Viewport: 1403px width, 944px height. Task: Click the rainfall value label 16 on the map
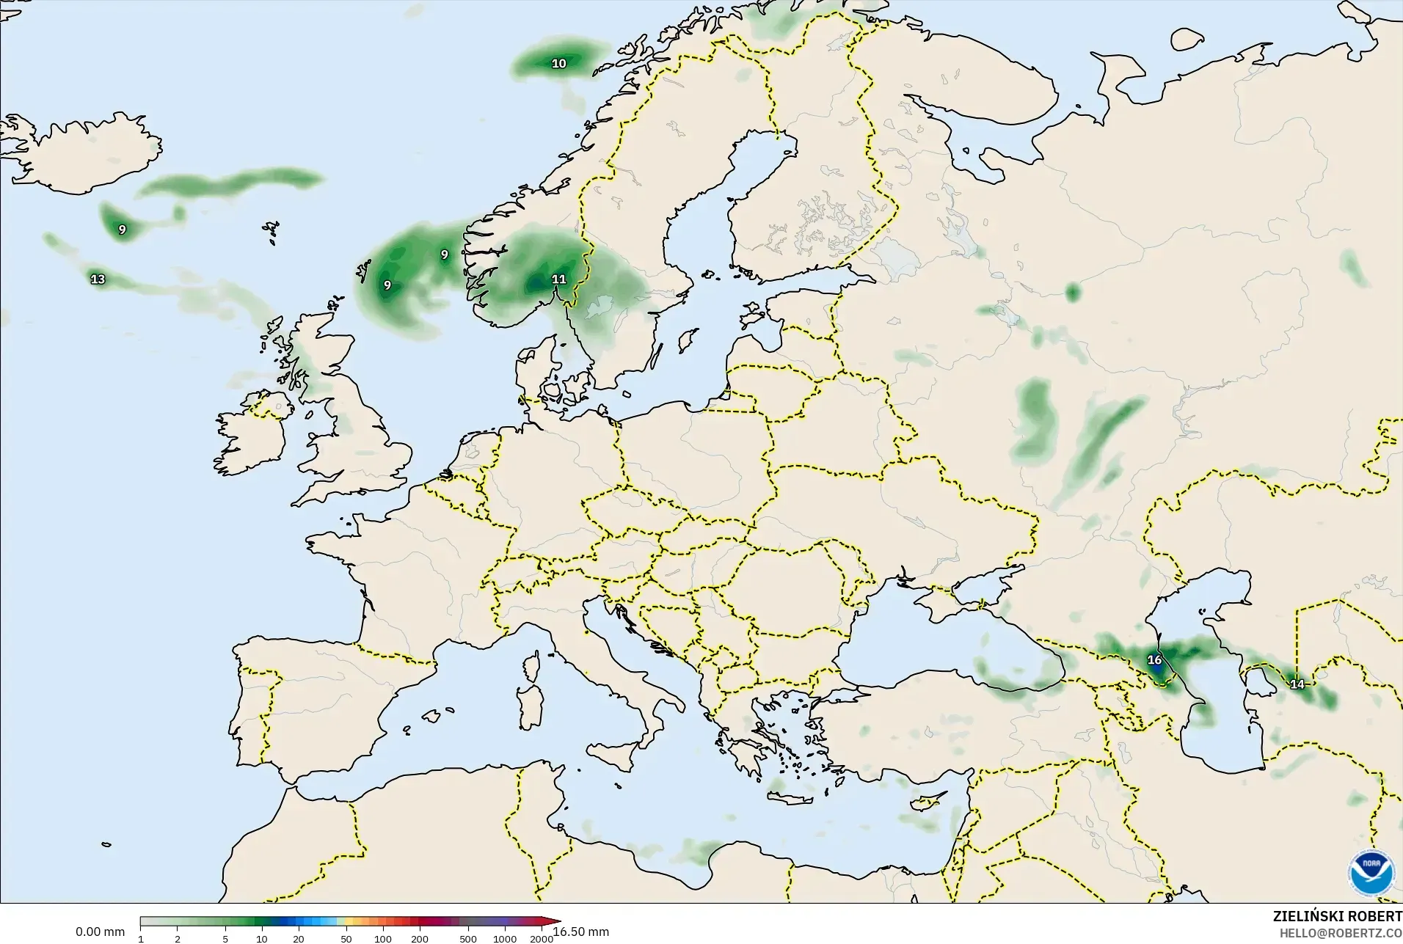pos(1154,660)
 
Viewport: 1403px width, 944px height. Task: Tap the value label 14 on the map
pos(1297,684)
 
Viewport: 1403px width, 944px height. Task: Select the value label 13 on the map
pos(98,279)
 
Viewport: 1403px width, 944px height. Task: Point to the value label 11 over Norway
pos(559,279)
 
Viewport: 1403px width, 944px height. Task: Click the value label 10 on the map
pos(559,64)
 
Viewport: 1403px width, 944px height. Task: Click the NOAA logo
pos(1371,872)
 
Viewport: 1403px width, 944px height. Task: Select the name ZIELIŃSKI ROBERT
pos(1337,917)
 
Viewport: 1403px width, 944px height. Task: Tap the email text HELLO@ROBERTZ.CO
pos(1341,934)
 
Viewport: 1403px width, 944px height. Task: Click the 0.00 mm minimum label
pos(100,932)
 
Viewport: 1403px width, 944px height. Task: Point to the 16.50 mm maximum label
pos(581,932)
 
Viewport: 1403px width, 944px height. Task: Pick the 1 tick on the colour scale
pos(141,939)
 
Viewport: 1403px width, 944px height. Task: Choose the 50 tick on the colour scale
pos(346,939)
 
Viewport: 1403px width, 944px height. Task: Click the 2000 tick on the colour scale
pos(542,939)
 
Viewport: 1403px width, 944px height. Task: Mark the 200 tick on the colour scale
pos(420,939)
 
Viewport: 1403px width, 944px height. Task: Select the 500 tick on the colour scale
pos(468,939)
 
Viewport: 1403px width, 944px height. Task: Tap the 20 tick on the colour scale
pos(299,939)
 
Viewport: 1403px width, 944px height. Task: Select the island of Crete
pos(790,797)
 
